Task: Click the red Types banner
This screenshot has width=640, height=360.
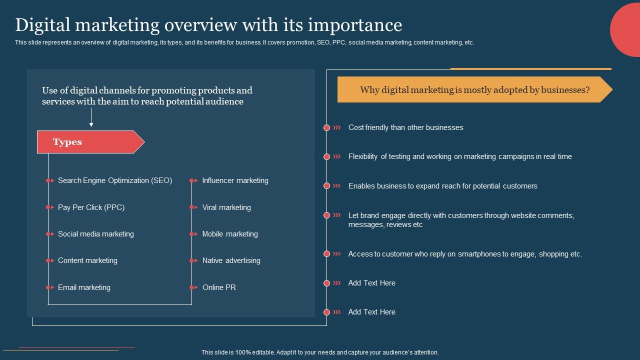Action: tap(90, 142)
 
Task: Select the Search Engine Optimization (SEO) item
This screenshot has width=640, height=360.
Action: tap(114, 180)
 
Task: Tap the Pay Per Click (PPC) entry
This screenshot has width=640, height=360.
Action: tap(91, 207)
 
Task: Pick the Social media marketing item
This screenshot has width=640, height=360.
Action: tap(95, 234)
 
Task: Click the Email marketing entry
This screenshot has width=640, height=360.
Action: tap(84, 287)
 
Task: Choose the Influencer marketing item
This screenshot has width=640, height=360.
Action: tap(235, 180)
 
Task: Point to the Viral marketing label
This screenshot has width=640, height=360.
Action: tap(226, 207)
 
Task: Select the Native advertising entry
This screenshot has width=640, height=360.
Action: tap(231, 260)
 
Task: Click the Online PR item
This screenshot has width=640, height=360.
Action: tap(219, 287)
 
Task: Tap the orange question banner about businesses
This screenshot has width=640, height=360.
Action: tap(474, 90)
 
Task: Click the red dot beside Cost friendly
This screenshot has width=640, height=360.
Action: tap(326, 128)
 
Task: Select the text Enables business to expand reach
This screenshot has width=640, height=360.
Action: tap(442, 186)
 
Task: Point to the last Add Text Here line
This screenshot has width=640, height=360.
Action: tap(371, 312)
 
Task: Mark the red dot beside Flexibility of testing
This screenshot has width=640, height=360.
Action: tap(326, 157)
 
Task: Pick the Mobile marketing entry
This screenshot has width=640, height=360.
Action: tap(230, 234)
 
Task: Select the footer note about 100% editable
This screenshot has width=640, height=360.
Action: tap(320, 352)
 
